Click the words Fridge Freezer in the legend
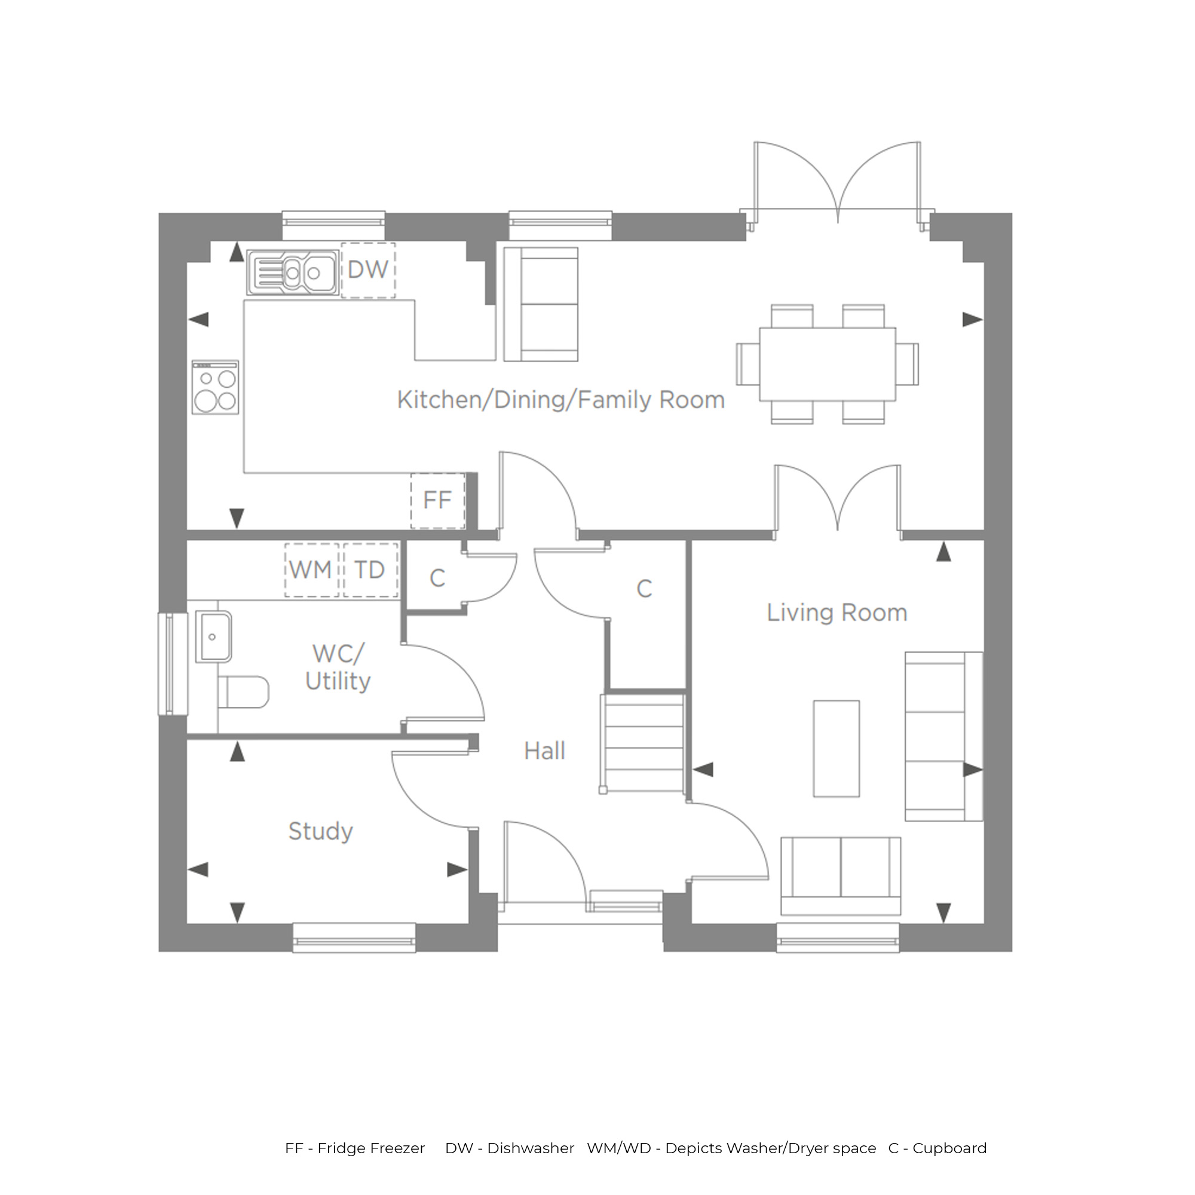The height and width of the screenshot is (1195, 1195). (372, 1148)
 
